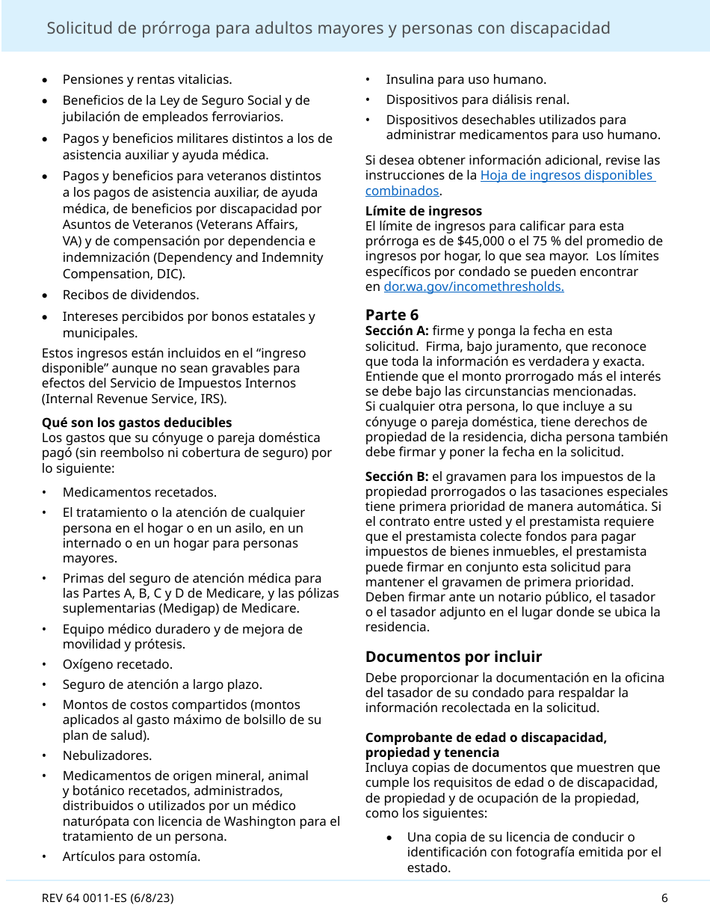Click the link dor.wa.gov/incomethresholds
[473, 286]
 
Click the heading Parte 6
[392, 314]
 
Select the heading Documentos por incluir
[453, 657]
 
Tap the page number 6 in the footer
[664, 898]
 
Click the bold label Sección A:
[396, 331]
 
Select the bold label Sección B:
[396, 476]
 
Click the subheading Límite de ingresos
[423, 211]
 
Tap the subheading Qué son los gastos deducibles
[137, 423]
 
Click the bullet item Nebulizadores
[107, 755]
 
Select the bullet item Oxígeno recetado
[117, 664]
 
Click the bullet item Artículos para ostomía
[131, 856]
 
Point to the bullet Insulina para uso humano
[466, 79]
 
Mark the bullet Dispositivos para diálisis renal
[477, 99]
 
